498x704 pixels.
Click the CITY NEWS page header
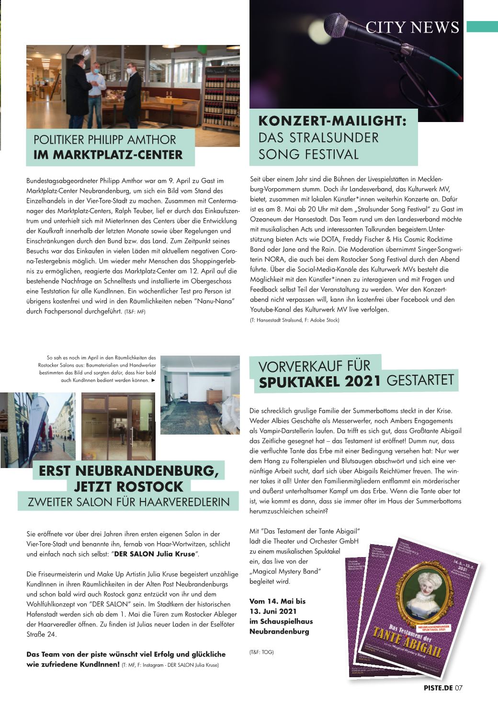pyautogui.click(x=412, y=27)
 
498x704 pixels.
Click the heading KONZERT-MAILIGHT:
pyautogui.click(x=333, y=121)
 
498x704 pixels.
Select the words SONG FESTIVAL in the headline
pyautogui.click(x=308, y=154)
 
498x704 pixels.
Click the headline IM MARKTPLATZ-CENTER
pyautogui.click(x=108, y=155)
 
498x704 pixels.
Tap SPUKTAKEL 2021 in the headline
pyautogui.click(x=320, y=382)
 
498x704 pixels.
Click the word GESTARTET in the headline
pyautogui.click(x=420, y=380)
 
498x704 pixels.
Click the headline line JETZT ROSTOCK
pyautogui.click(x=129, y=487)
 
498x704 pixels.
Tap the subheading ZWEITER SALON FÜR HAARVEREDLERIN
pyautogui.click(x=129, y=502)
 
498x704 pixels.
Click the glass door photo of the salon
pyautogui.click(x=118, y=426)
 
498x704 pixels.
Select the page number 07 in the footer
pyautogui.click(x=459, y=688)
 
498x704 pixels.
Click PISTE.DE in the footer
pyautogui.click(x=438, y=688)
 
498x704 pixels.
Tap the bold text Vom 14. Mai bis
pyautogui.click(x=277, y=601)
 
